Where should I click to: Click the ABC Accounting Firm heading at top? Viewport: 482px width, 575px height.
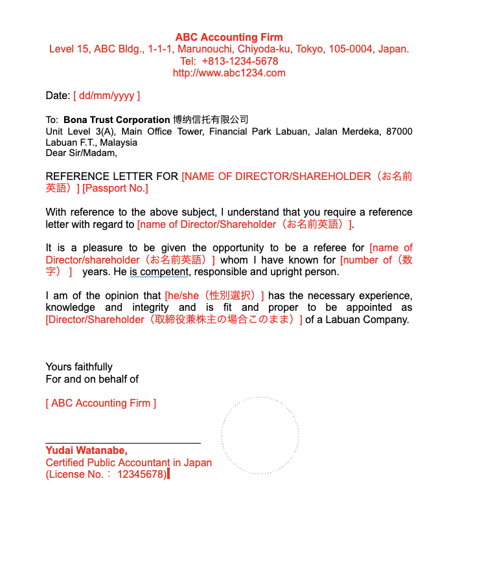229,37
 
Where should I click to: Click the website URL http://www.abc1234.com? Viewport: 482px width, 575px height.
229,73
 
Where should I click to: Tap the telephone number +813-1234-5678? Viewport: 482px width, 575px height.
240,61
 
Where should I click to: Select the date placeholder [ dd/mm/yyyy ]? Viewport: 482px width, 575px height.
106,96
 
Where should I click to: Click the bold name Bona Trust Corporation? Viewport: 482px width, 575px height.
117,120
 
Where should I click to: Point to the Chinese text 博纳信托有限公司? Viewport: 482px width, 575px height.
211,120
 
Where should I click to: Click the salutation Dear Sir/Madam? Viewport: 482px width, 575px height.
81,153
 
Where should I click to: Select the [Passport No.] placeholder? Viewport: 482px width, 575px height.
115,188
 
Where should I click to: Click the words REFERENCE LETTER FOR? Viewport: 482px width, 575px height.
113,176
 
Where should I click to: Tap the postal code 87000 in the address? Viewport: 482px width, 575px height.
399,131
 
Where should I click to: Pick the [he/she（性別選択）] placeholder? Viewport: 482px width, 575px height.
214,295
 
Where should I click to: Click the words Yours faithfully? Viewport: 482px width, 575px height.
79,367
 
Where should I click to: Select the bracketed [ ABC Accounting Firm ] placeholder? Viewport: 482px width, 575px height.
101,403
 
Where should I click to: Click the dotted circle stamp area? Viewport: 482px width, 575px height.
260,436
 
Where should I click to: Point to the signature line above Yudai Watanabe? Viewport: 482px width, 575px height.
123,443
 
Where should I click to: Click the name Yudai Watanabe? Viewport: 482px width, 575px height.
86,451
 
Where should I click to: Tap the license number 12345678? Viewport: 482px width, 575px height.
141,475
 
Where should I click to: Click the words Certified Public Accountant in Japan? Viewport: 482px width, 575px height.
128,463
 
